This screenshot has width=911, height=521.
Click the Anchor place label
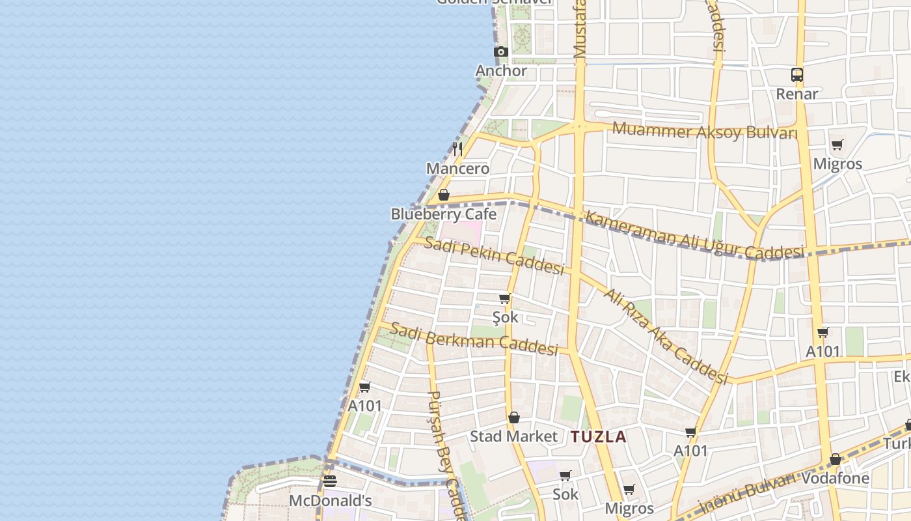[501, 70]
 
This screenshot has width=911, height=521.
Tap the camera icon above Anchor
[500, 52]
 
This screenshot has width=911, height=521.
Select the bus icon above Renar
[797, 74]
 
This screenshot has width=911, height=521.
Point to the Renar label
[797, 94]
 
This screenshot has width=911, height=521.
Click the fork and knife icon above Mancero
[457, 148]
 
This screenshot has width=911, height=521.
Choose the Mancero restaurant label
[457, 169]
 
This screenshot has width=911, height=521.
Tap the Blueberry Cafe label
[443, 214]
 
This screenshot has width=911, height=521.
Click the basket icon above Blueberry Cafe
[444, 195]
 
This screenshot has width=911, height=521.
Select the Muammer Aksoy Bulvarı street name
[705, 130]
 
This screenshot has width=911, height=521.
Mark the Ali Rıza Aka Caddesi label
[665, 336]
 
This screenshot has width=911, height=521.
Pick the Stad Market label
[514, 436]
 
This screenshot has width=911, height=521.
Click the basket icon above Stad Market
[514, 417]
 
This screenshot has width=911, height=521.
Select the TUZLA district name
[599, 437]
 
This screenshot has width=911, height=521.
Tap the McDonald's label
[331, 501]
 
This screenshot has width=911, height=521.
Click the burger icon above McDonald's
[330, 482]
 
